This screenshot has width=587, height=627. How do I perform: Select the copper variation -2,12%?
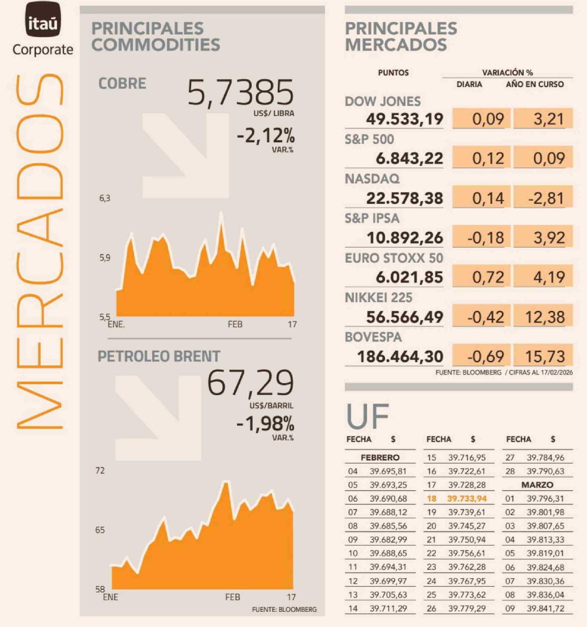(x=266, y=136)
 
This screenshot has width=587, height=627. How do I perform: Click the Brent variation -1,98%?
(x=265, y=423)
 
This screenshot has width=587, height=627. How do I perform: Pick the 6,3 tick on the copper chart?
(x=105, y=198)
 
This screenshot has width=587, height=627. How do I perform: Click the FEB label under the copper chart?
(x=235, y=324)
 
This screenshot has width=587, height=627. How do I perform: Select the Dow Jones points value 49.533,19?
(x=404, y=119)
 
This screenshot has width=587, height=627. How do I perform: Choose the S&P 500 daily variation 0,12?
(x=487, y=158)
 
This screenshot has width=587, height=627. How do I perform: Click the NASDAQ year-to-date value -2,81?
(x=548, y=198)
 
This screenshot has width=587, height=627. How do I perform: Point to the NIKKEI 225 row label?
(x=378, y=297)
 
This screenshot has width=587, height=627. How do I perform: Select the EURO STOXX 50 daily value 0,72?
(x=487, y=277)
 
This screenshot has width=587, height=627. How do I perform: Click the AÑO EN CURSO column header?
(x=535, y=84)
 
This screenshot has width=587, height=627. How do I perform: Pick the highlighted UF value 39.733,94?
(x=467, y=499)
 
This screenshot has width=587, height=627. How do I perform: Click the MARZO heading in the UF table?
(x=537, y=485)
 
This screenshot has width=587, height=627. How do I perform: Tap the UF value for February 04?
(x=388, y=471)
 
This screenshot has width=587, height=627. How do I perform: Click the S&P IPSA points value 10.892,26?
(x=405, y=238)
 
